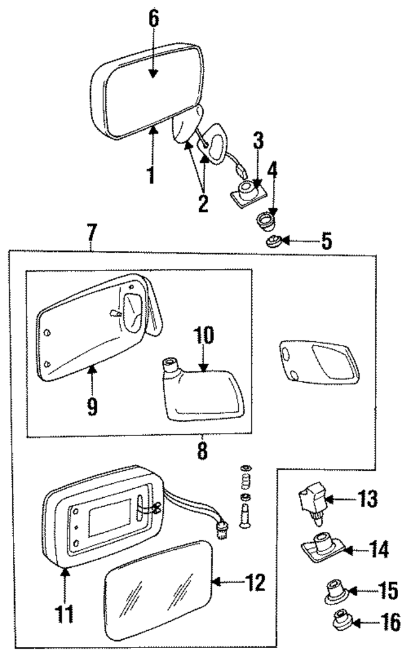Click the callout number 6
click(153, 19)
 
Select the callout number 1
click(152, 175)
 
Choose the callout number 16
click(373, 621)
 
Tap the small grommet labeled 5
click(272, 242)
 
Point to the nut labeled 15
click(334, 592)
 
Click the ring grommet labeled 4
click(265, 222)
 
